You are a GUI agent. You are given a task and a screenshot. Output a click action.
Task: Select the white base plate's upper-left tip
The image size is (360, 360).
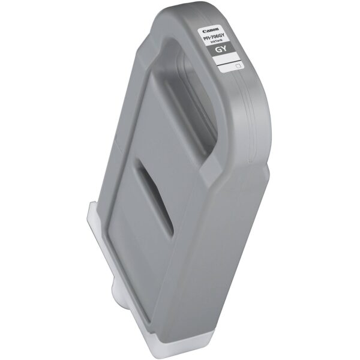click(91, 204)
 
